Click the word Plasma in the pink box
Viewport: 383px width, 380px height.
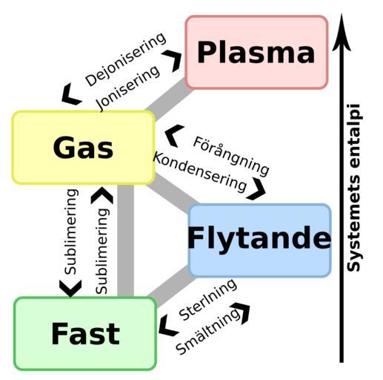(256, 53)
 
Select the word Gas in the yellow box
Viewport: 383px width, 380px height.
(83, 148)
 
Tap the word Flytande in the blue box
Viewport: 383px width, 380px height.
(259, 237)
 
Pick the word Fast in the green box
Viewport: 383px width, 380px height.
(85, 333)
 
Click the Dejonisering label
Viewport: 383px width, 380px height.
(126, 59)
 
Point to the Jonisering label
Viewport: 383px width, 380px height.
(128, 88)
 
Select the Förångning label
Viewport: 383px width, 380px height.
(231, 157)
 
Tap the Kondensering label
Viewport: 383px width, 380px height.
(200, 172)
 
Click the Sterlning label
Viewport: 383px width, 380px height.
(207, 299)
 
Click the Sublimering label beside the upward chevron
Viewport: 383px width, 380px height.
(102, 251)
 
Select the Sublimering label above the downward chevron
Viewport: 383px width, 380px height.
(71, 232)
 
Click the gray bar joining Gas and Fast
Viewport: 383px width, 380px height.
(125, 240)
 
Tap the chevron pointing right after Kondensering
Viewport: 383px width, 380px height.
(257, 189)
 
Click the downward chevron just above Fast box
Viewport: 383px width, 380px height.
(70, 288)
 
